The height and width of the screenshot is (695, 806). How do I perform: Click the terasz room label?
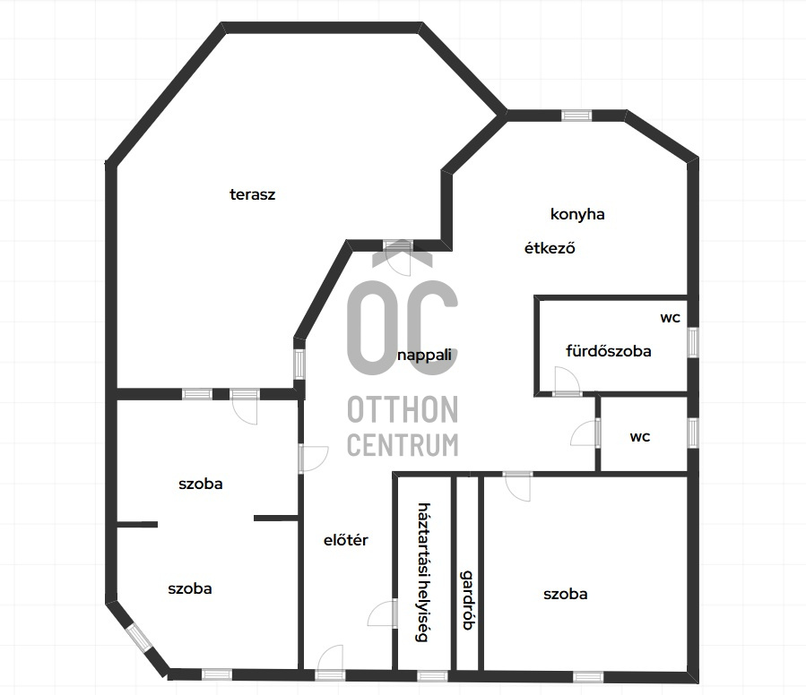click(x=253, y=194)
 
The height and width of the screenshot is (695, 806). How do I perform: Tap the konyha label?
click(x=577, y=214)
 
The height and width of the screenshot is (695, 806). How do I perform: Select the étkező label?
click(x=550, y=248)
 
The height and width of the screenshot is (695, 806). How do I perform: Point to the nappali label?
click(x=425, y=356)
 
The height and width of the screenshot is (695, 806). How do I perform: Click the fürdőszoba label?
click(x=609, y=351)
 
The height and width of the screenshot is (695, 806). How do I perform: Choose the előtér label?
click(x=346, y=540)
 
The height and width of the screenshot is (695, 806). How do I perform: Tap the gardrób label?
click(x=468, y=599)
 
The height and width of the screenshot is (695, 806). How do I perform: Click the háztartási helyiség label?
click(x=423, y=572)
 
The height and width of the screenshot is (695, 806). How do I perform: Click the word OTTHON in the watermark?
click(x=403, y=410)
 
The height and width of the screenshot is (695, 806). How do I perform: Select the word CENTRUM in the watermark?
click(x=403, y=445)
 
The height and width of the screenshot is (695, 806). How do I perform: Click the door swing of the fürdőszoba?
click(x=567, y=382)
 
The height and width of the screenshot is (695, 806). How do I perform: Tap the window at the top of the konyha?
click(x=576, y=116)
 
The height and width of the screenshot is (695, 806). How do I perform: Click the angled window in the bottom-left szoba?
click(x=139, y=639)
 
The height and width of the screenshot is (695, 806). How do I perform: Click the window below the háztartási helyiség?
click(x=432, y=676)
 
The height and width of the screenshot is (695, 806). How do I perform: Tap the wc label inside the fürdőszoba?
click(x=671, y=318)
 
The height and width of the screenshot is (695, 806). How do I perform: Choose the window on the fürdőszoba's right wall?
click(x=693, y=342)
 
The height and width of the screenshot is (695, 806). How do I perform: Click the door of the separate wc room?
click(x=585, y=433)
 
